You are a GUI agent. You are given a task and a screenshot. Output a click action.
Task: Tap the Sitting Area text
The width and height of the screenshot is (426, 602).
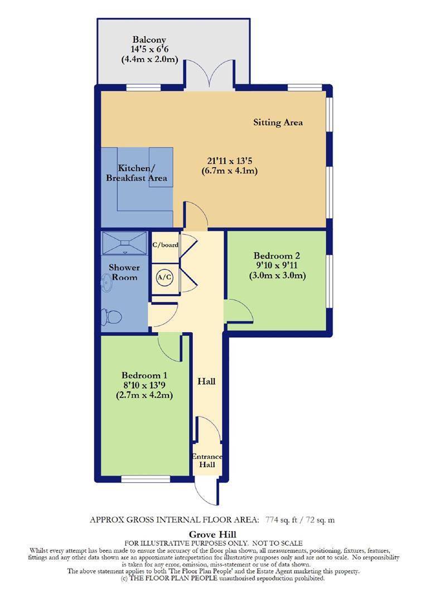(278, 122)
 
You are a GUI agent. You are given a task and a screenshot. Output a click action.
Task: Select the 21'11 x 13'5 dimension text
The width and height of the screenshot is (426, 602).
(229, 161)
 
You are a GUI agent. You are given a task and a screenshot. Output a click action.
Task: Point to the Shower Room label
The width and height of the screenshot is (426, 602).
(124, 272)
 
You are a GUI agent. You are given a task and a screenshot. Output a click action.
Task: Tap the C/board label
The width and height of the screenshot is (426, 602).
(164, 244)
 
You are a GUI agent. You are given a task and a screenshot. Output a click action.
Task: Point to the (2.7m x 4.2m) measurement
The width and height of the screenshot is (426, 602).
(144, 395)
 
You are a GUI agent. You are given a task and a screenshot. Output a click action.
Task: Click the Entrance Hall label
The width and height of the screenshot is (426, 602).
(207, 461)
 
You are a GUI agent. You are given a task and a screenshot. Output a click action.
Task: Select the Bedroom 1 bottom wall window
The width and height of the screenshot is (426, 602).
(146, 478)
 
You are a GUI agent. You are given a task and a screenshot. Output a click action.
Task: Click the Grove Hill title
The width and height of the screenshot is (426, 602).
(212, 533)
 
